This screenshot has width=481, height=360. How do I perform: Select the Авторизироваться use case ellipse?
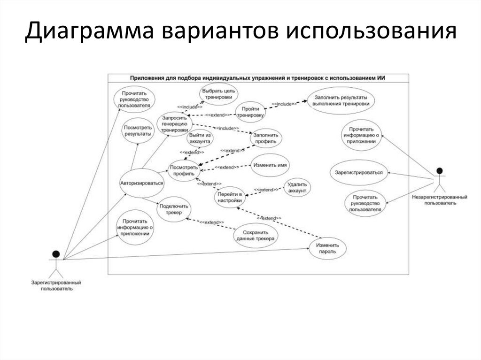[x=141, y=184]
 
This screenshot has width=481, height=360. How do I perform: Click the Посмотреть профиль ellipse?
[x=185, y=170]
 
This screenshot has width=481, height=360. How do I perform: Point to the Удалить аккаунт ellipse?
[x=298, y=188]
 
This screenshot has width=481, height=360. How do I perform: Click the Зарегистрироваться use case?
[x=359, y=172]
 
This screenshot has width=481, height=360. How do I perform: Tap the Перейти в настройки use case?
[x=230, y=197]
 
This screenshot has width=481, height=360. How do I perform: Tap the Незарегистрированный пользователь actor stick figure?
[x=440, y=177]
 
